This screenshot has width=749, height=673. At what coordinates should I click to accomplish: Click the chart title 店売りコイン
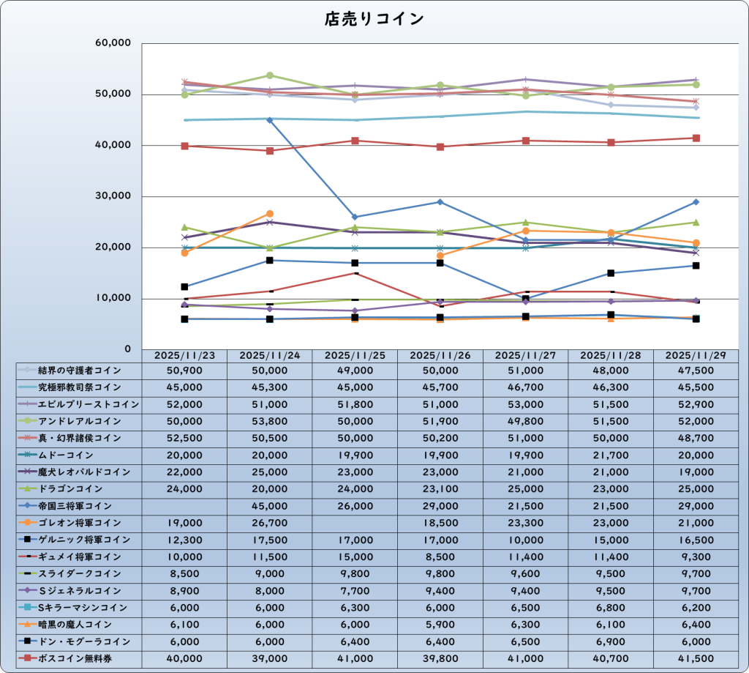point(374,19)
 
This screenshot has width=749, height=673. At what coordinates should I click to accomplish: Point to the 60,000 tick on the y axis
point(113,43)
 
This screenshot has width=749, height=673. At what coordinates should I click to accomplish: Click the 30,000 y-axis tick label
point(113,196)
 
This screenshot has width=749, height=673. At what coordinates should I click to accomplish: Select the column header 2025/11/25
point(355,354)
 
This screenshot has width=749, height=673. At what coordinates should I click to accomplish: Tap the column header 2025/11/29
point(696,354)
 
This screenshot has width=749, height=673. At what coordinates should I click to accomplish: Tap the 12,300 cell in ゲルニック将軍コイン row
point(184,540)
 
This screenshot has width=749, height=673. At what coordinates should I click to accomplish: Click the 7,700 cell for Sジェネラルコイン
point(355,590)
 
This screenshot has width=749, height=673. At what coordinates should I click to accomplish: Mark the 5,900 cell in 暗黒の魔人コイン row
point(440,625)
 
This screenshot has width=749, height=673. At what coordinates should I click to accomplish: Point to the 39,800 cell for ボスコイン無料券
point(440,658)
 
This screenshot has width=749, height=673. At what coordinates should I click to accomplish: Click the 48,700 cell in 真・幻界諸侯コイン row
point(696,438)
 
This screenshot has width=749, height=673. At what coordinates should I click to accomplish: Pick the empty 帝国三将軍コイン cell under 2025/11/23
point(184,506)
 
